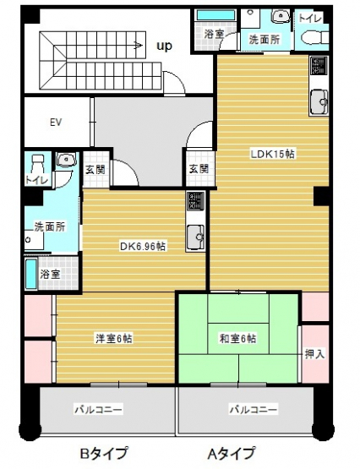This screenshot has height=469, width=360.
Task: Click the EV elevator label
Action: pos(56,123)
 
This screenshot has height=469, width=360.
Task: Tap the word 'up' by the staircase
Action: pos(165,46)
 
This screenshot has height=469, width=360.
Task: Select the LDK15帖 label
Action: pos(272,155)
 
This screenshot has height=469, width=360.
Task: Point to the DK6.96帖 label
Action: pos(143,247)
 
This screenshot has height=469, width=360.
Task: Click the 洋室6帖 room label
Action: pos(114,339)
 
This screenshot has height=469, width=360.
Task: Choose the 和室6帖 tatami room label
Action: pos(238,339)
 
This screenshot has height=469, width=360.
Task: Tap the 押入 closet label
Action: pos(314,354)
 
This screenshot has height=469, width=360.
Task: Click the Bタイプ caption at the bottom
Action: pos(103,453)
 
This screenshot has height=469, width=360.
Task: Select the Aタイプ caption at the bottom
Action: pos(232,453)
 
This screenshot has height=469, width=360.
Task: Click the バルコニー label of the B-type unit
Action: pos(99,409)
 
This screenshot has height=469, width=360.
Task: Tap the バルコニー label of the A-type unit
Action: pos(254,409)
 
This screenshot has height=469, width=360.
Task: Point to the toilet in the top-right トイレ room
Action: pos(314,37)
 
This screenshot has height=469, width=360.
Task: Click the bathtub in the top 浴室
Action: pos(216,15)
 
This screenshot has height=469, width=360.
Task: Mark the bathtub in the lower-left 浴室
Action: pos(31,274)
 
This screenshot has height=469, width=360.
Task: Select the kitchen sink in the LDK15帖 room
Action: pos(319,102)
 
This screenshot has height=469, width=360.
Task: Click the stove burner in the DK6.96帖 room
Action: pos(195,201)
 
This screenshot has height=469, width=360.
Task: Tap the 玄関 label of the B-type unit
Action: pos(95,169)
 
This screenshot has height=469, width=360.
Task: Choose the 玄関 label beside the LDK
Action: pos(199,169)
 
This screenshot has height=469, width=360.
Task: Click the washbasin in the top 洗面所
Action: pos(281,15)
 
